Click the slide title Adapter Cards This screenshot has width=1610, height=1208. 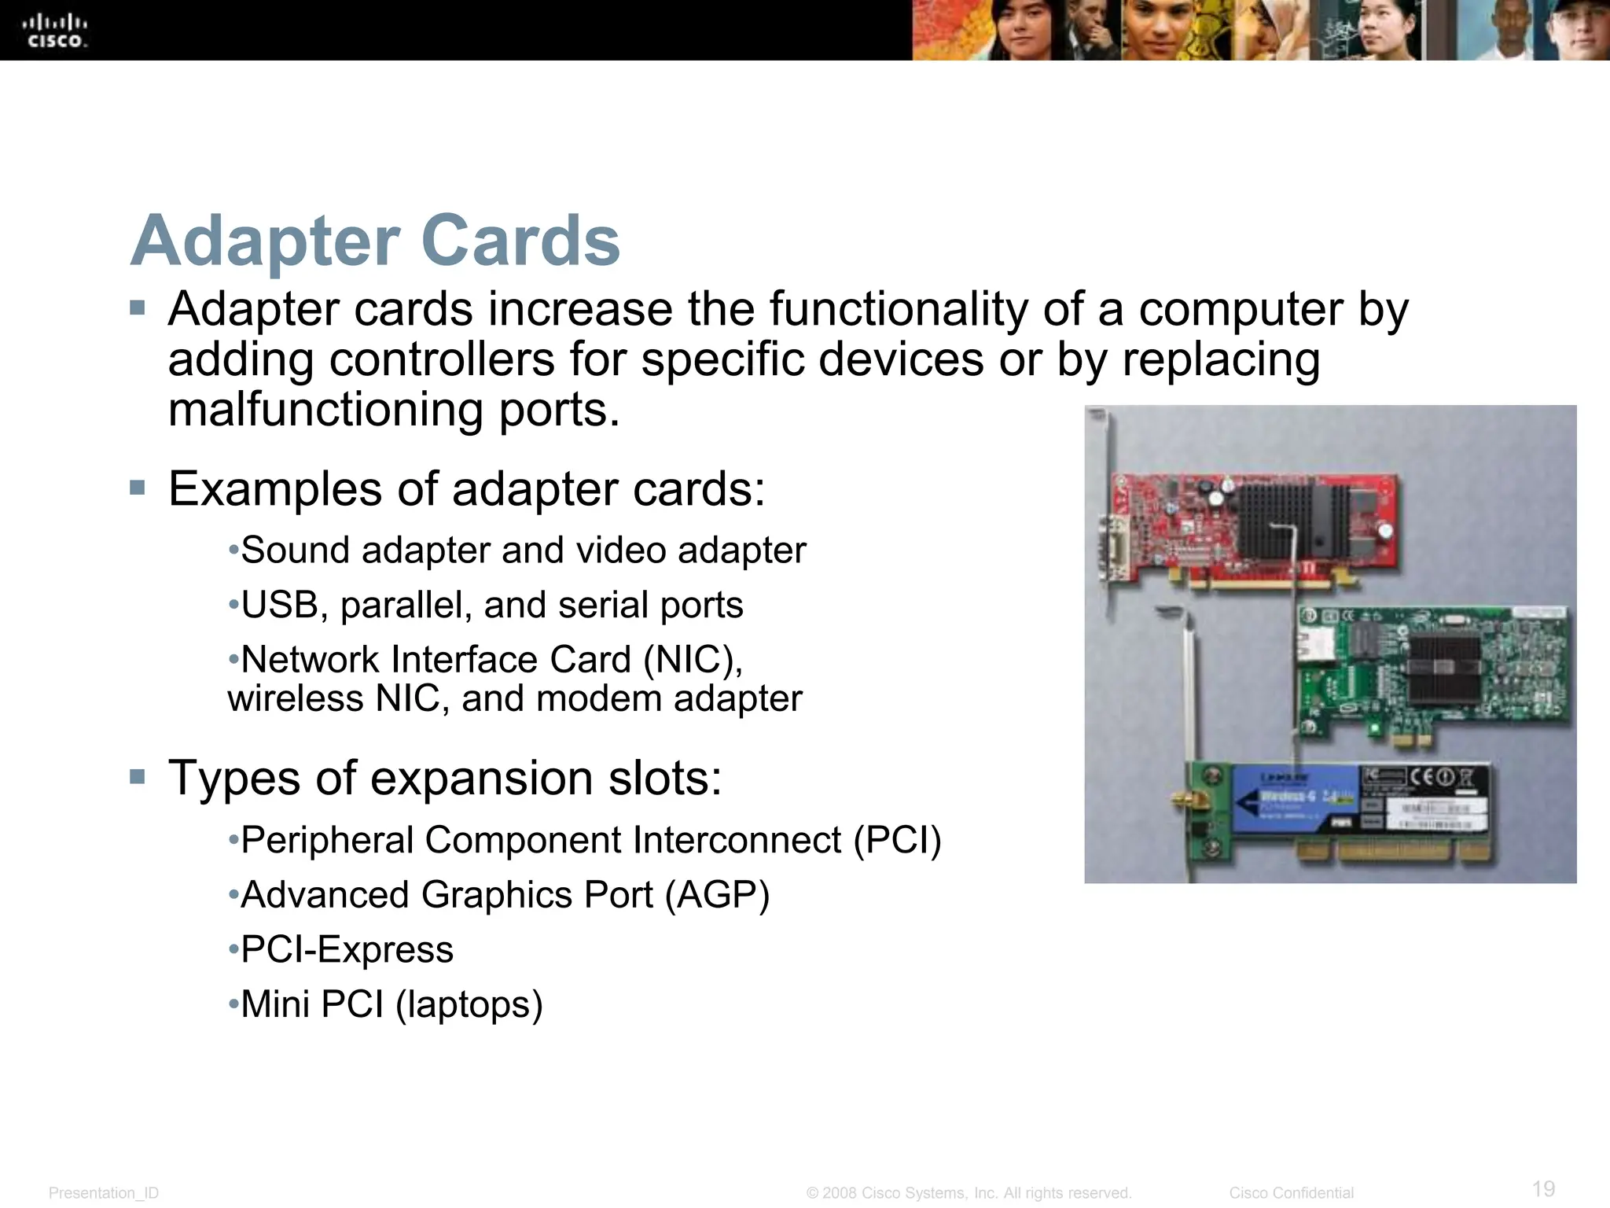[x=375, y=241]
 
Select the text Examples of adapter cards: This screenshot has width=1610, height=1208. [x=467, y=489]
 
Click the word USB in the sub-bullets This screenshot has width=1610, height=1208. [x=279, y=606]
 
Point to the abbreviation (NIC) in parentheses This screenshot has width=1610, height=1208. [x=693, y=660]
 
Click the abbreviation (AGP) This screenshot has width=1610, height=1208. [x=717, y=895]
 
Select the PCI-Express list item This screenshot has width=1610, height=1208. [x=347, y=950]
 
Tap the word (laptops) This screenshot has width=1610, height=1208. [x=469, y=1005]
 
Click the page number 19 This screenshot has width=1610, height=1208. [x=1543, y=1188]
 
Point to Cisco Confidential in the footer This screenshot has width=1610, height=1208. [x=1291, y=1193]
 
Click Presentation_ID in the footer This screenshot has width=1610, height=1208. [x=104, y=1193]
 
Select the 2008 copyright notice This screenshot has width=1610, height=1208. [x=969, y=1193]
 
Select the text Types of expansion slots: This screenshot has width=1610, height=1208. [x=445, y=779]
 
